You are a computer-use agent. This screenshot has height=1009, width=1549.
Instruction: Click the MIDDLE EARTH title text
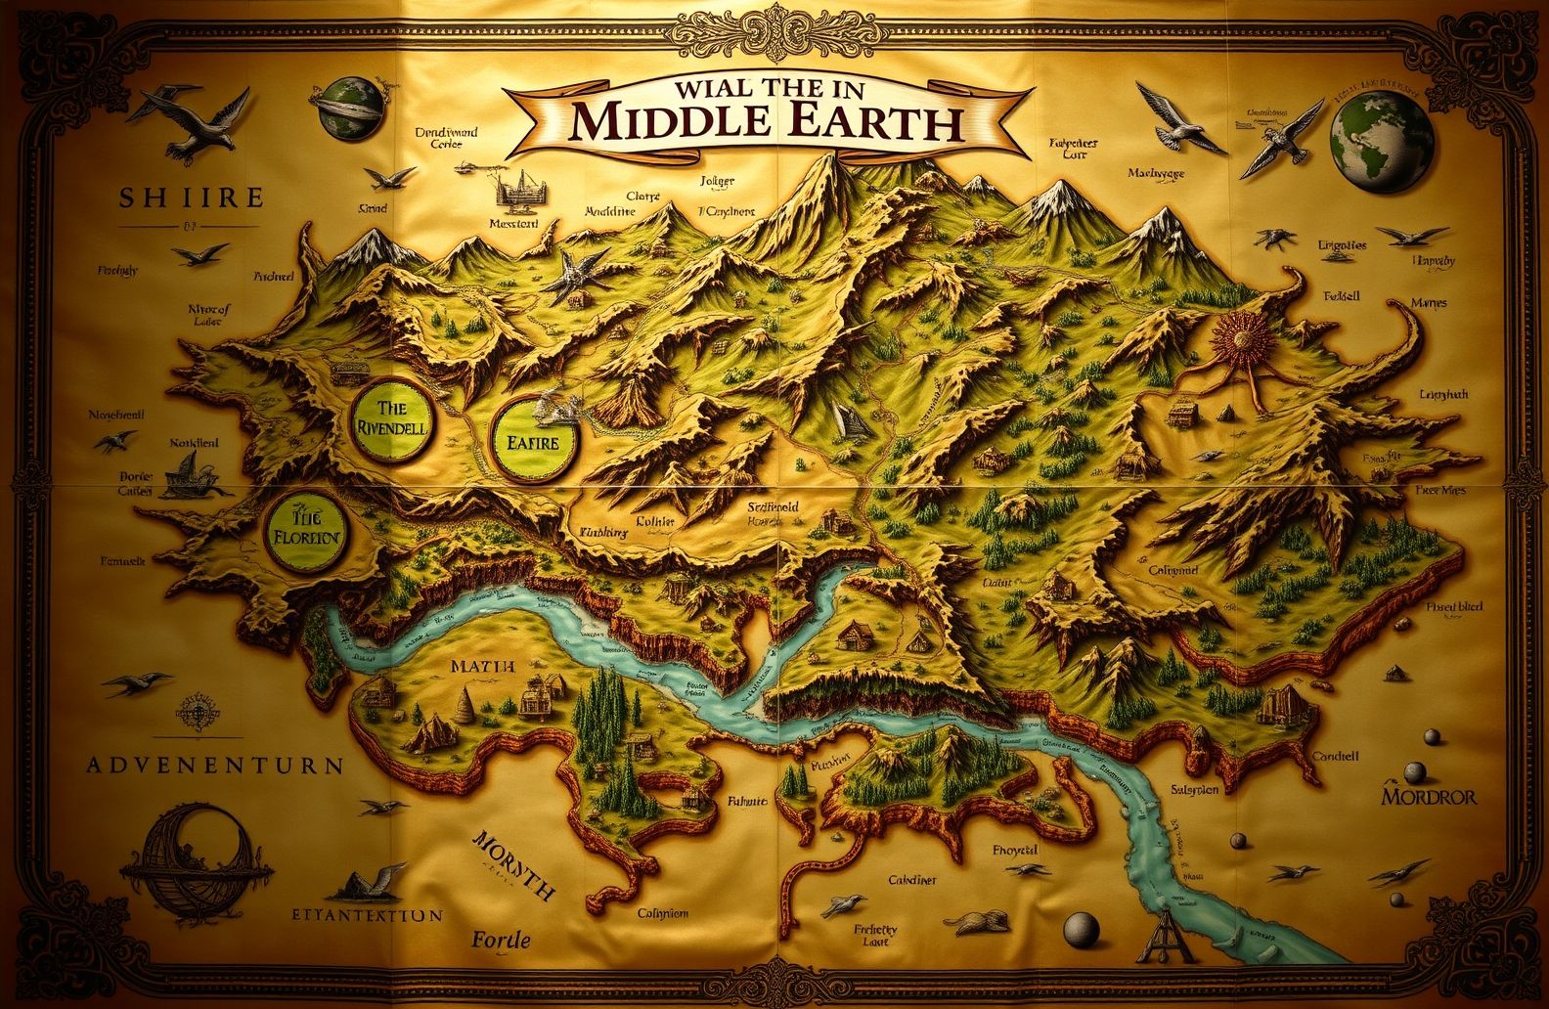(x=768, y=122)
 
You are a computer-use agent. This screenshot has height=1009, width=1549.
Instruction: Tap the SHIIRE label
(x=192, y=197)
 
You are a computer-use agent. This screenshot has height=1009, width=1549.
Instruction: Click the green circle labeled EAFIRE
(x=533, y=441)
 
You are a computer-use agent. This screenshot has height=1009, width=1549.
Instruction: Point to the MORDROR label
(x=1429, y=796)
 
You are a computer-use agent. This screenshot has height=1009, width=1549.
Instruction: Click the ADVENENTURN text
(x=215, y=765)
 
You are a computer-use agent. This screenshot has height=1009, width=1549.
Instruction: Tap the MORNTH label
(x=514, y=866)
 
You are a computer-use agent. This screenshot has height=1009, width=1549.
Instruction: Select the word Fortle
(x=501, y=941)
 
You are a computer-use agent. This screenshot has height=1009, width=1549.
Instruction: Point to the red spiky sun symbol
(x=1243, y=341)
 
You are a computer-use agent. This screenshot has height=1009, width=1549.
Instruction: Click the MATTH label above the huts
(x=482, y=667)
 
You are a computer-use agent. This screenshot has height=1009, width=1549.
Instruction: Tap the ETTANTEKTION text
(x=367, y=916)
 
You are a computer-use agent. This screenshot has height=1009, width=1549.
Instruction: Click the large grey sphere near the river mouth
(x=1082, y=926)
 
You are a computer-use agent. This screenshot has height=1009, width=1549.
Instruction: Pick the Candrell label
(x=1335, y=756)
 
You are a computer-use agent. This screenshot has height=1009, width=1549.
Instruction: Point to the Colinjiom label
(x=663, y=913)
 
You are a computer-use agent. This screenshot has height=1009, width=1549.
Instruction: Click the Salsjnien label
(x=1194, y=789)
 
